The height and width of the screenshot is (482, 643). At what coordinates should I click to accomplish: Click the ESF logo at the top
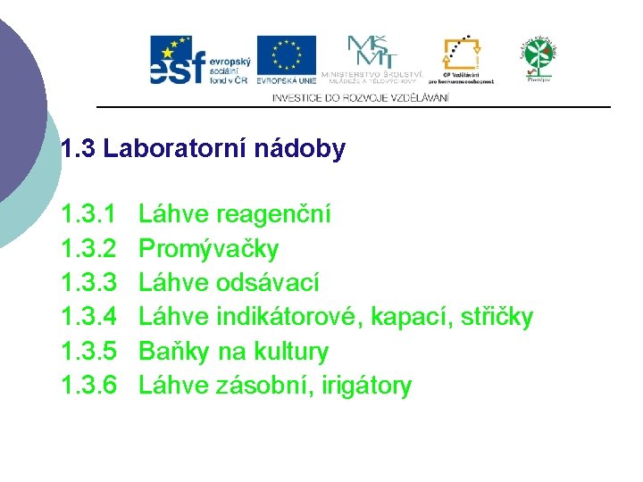point(197,60)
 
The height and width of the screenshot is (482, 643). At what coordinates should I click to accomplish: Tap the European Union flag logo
point(286,59)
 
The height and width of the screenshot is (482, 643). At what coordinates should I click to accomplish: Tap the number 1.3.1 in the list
point(88,214)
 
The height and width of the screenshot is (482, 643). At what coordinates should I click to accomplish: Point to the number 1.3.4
point(88,317)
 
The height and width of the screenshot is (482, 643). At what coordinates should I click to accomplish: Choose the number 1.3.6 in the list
point(88,386)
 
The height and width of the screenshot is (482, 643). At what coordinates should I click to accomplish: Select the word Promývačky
point(209,249)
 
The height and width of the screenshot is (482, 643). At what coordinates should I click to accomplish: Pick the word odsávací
point(267,283)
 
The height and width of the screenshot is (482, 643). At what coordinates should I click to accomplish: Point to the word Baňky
point(171,352)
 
